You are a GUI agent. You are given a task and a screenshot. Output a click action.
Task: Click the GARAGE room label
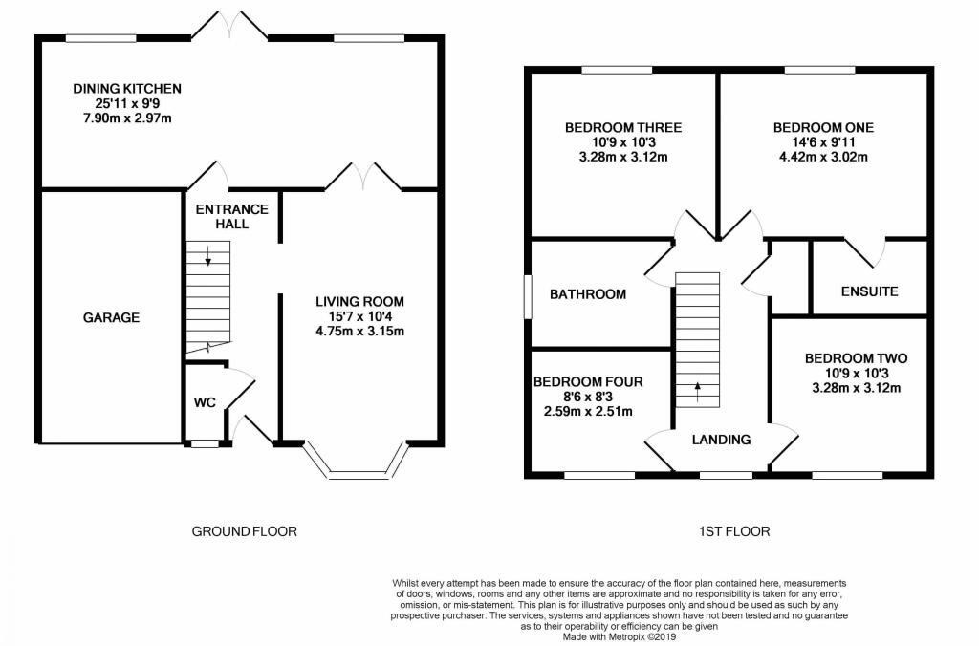tap(111, 317)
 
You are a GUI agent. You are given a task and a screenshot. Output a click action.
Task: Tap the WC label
tap(205, 402)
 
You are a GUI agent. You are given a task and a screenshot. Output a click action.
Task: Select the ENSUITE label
tap(870, 291)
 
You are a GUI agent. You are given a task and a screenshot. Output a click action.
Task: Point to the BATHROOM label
tap(588, 294)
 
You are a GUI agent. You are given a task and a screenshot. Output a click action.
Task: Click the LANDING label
tap(721, 440)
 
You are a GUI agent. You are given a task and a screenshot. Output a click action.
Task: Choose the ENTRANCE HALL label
tap(232, 217)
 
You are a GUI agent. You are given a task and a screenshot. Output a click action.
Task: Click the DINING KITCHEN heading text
tap(127, 89)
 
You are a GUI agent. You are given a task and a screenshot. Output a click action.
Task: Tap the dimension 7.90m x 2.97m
tap(127, 118)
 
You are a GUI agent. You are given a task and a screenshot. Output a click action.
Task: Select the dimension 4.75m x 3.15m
tap(359, 331)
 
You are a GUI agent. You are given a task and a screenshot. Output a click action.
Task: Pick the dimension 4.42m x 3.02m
tap(823, 157)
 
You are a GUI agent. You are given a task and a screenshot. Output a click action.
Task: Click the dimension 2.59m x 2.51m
tap(588, 411)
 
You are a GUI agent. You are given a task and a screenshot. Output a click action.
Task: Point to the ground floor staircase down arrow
tap(207, 256)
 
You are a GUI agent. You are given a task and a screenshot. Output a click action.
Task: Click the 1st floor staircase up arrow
tap(697, 393)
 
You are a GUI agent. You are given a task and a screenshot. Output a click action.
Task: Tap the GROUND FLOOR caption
tap(244, 531)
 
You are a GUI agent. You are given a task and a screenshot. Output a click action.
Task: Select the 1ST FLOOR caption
tap(734, 531)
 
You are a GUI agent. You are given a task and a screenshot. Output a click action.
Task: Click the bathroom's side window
tap(528, 297)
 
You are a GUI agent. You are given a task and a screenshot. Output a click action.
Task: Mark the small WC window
tap(205, 444)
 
